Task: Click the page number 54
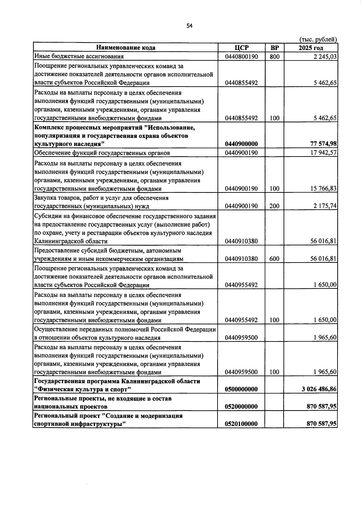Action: click(x=189, y=26)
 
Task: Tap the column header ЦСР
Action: click(x=241, y=48)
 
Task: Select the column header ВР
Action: click(x=275, y=48)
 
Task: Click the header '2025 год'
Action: click(x=311, y=48)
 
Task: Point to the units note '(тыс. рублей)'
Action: click(x=318, y=40)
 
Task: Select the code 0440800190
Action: click(x=241, y=56)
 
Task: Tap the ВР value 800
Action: click(x=275, y=56)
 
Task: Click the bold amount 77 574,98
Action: click(x=322, y=144)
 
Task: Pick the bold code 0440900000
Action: click(x=241, y=144)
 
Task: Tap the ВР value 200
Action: click(x=275, y=206)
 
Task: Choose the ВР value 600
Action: click(x=275, y=259)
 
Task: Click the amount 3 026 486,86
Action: click(x=319, y=389)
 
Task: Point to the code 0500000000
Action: click(x=241, y=389)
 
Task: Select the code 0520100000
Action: click(x=241, y=424)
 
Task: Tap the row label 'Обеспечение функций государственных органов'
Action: click(x=102, y=153)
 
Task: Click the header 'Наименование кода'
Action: click(x=126, y=48)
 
